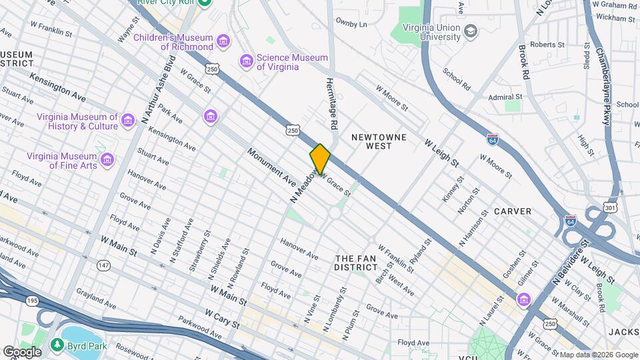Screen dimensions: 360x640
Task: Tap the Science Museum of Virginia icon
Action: tap(247, 62)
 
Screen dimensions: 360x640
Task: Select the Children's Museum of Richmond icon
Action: tap(223, 43)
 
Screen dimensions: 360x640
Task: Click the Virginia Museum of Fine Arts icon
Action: tap(107, 160)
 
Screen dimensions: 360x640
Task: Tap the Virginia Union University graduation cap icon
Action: tap(471, 32)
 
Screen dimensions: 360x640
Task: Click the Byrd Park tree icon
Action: tap(57, 345)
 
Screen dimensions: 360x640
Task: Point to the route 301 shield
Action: tap(610, 208)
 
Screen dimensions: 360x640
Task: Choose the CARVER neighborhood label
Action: tap(513, 211)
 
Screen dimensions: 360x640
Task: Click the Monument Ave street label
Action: tap(271, 166)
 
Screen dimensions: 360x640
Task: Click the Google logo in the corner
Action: tap(22, 351)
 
